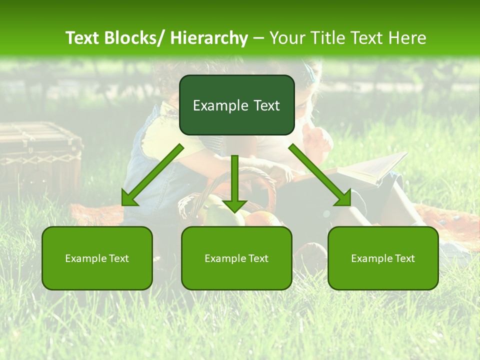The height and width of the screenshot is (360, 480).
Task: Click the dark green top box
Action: coord(236,105)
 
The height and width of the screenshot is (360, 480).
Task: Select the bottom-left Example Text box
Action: coord(97,258)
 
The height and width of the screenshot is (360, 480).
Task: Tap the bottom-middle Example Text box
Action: coord(236,258)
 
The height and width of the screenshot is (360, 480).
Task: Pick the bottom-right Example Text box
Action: coord(383,258)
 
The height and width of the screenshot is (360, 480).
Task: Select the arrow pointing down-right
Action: coord(320,175)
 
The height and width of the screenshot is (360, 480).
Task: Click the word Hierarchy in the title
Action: coord(209,38)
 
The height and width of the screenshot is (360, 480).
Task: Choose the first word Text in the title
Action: coord(83,38)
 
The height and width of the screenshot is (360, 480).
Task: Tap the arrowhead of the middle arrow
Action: coord(234,205)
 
